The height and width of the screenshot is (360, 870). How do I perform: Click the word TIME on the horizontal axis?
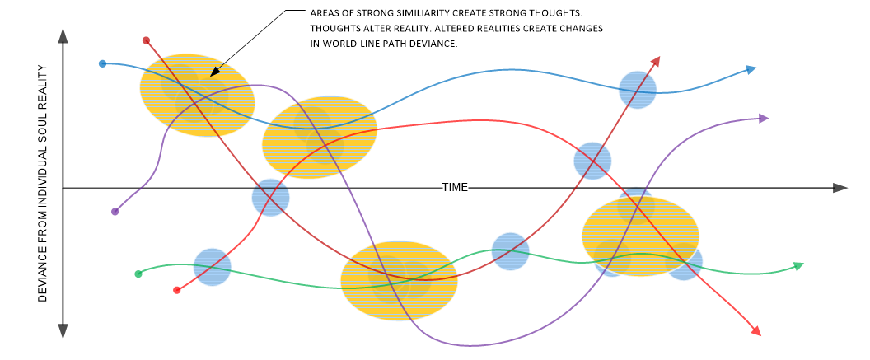455,187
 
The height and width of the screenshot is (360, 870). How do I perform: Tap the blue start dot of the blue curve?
102,63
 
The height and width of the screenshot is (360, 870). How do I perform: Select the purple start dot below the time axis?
115,212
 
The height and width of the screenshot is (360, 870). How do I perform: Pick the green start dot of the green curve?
138,274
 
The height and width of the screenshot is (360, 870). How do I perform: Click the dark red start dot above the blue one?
146,40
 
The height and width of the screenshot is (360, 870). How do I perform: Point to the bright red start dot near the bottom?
176,290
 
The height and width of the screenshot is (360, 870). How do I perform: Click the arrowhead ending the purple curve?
763,119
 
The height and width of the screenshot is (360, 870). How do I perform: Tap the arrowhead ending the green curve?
797,265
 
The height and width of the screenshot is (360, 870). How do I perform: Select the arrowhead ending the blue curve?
751,69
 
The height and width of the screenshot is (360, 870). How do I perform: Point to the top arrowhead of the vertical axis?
63,35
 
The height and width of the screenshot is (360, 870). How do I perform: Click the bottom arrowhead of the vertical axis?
63,331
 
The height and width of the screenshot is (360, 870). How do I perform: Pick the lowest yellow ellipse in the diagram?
399,280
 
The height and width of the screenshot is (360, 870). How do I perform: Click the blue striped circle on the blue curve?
638,89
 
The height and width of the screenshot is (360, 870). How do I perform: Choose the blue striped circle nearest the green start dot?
213,267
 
